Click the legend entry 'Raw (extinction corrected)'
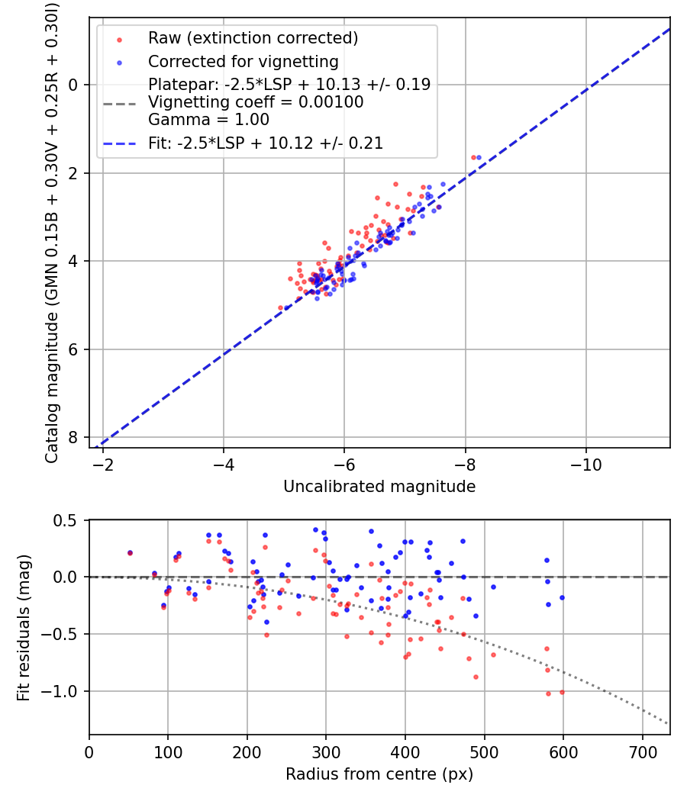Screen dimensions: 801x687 (x=253, y=38)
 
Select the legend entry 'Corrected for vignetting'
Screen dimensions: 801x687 (x=243, y=61)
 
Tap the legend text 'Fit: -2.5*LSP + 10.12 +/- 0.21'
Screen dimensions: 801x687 (x=265, y=143)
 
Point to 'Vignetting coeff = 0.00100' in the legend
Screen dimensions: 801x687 (x=256, y=102)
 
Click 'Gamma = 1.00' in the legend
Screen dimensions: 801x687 (x=208, y=120)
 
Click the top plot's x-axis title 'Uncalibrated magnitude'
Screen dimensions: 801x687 (x=379, y=487)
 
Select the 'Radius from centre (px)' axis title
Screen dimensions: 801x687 (x=379, y=774)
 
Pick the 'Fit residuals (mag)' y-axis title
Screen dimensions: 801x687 (x=24, y=628)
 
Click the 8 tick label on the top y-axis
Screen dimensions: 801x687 (x=74, y=437)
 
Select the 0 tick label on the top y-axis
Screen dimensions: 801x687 (x=74, y=85)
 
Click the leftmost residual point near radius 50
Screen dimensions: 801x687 (x=130, y=552)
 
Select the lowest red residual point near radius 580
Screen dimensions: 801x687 (x=548, y=693)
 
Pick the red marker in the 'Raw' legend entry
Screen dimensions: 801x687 (x=118, y=39)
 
